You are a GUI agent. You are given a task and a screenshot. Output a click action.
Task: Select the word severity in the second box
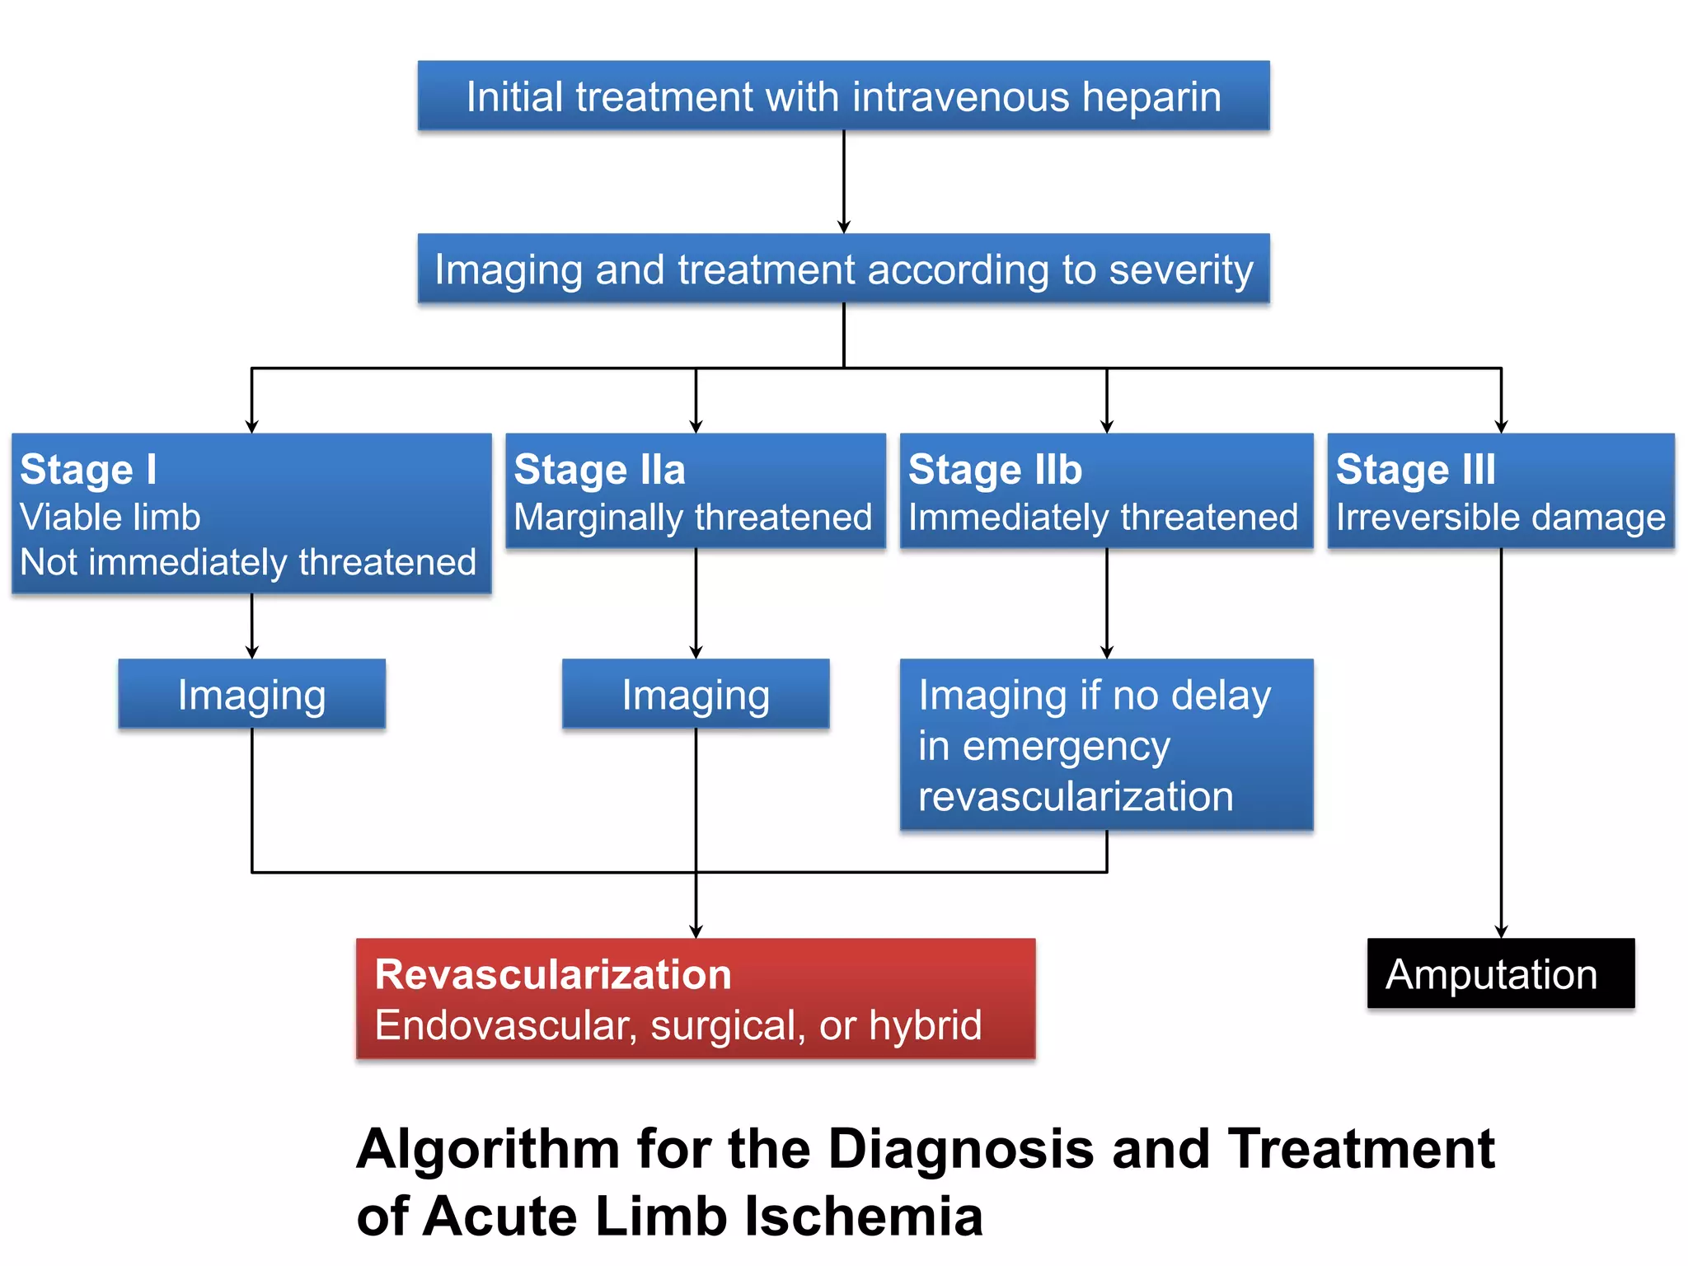pos(1180,270)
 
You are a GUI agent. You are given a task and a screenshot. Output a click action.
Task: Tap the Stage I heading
pos(88,470)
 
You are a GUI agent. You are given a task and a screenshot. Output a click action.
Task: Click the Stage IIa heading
pos(599,470)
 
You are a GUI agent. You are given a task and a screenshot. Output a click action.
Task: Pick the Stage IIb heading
pos(995,470)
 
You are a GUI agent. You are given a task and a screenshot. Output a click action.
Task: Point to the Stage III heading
pos(1415,470)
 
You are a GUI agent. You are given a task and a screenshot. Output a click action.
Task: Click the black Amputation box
pos(1500,973)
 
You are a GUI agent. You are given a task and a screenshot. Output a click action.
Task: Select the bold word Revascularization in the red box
pos(553,974)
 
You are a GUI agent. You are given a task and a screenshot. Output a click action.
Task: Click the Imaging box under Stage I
pos(251,694)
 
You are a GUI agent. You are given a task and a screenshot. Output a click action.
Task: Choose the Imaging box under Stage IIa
pos(696,694)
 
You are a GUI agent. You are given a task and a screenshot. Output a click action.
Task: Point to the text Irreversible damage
pos(1500,518)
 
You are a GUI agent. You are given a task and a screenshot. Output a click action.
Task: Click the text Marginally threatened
pos(692,518)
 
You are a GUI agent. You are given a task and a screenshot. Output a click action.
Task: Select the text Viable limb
pos(110,518)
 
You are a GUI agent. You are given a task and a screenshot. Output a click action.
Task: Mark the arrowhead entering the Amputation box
pos(1501,931)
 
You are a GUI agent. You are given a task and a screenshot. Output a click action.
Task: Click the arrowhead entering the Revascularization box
pos(696,931)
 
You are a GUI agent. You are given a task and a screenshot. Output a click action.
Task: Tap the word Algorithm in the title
pos(488,1149)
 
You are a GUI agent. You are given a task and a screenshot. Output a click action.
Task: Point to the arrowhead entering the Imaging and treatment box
pos(843,227)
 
